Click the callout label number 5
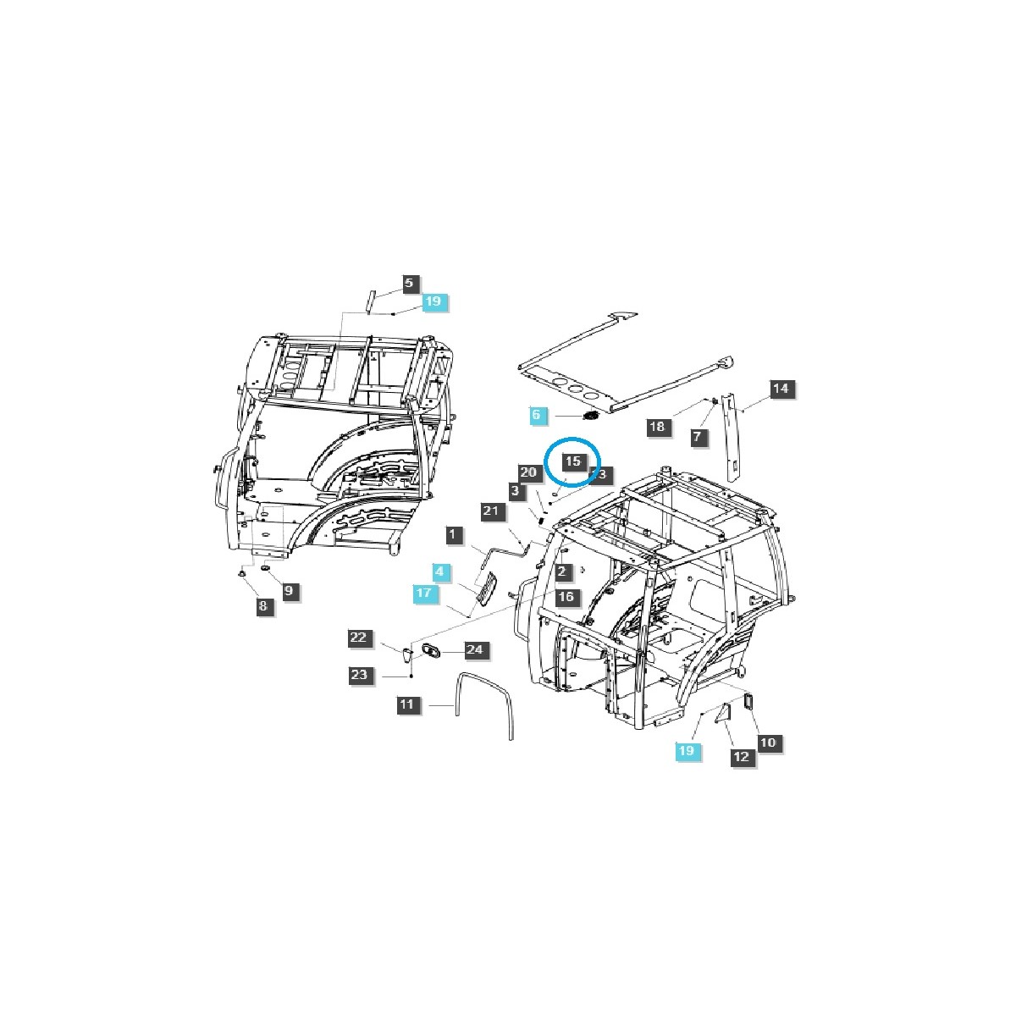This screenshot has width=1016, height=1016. (408, 283)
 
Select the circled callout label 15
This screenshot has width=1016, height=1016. (573, 461)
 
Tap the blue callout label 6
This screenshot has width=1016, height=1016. (535, 415)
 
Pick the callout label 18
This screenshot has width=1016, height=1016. (658, 427)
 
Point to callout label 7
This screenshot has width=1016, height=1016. (697, 437)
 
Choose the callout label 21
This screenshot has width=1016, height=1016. (493, 511)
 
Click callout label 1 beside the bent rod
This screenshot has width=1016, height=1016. (454, 534)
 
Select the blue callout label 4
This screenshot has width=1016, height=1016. (439, 572)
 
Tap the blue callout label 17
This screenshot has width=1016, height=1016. (425, 594)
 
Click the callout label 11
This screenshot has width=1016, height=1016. (407, 704)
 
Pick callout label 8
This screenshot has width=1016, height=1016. (262, 605)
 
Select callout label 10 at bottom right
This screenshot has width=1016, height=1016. (766, 743)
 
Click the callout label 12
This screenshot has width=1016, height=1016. (741, 757)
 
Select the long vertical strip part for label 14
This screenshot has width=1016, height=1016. (730, 440)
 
